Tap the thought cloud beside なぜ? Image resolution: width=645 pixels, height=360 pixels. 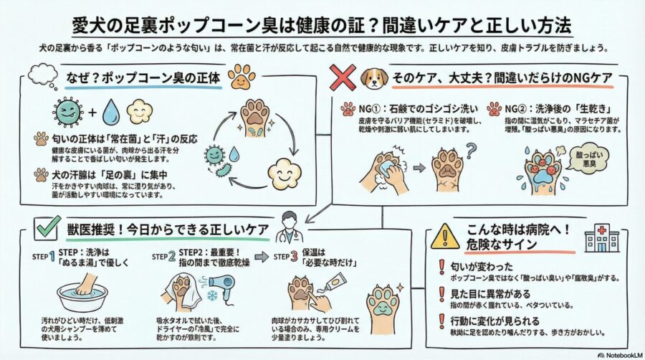(41, 75)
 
